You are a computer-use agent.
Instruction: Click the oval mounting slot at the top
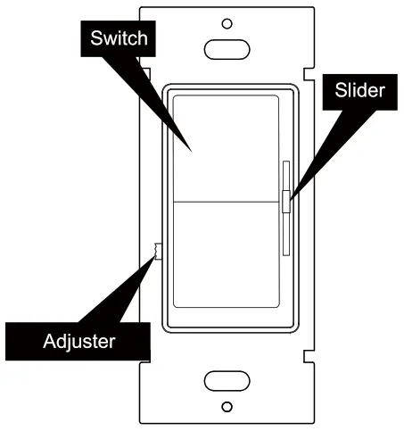pos(227,47)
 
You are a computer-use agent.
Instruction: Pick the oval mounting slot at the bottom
pos(227,381)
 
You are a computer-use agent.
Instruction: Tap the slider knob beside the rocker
pos(285,202)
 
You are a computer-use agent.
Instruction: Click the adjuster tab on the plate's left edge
pos(156,251)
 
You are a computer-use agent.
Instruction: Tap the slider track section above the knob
pos(285,174)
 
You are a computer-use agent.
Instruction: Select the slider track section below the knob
pos(285,232)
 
